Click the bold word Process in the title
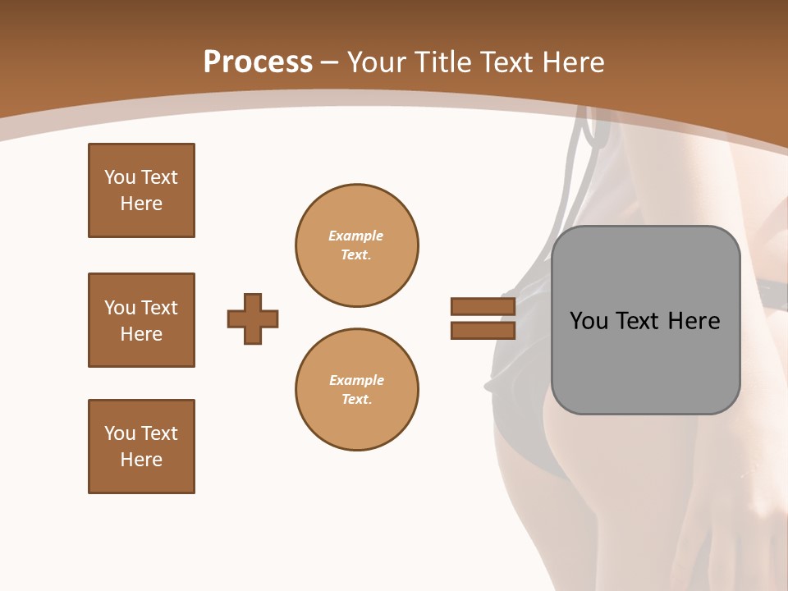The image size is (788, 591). pyautogui.click(x=258, y=62)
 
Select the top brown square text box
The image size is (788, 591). pyautogui.click(x=141, y=190)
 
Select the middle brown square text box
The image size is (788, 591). pyautogui.click(x=141, y=320)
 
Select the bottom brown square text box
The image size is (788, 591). pyautogui.click(x=141, y=447)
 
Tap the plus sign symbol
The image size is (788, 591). pyautogui.click(x=253, y=318)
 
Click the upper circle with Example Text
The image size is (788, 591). pyautogui.click(x=356, y=245)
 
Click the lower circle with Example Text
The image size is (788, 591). pyautogui.click(x=356, y=389)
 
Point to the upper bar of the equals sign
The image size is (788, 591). pyautogui.click(x=483, y=307)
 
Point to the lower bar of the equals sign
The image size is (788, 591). pyautogui.click(x=483, y=330)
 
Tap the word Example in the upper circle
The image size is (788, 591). pyautogui.click(x=355, y=236)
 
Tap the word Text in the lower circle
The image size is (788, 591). pyautogui.click(x=355, y=399)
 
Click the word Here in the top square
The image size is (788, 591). pyautogui.click(x=141, y=204)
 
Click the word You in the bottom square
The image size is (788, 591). pyautogui.click(x=120, y=433)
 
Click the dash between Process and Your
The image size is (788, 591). pyautogui.click(x=330, y=62)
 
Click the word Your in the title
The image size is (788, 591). pyautogui.click(x=376, y=62)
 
